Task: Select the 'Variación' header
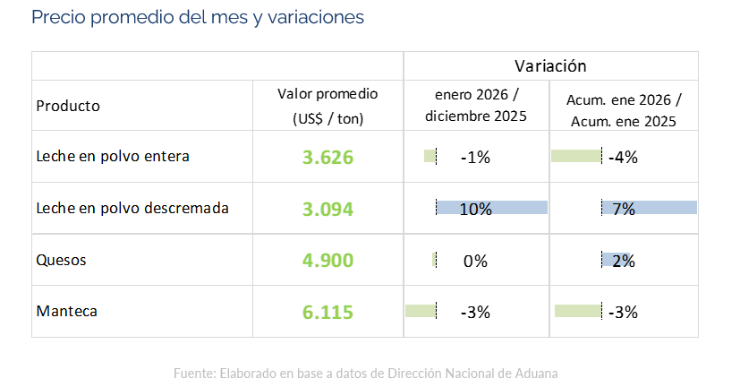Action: [x=550, y=65]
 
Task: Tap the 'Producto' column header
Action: [x=68, y=106]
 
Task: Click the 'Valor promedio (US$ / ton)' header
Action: [x=327, y=106]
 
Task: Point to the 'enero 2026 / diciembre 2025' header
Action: [x=476, y=105]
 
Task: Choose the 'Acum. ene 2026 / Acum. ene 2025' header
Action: [x=623, y=106]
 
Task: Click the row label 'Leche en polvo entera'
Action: [x=113, y=157]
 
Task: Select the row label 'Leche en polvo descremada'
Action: [x=132, y=208]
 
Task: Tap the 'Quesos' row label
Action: [x=60, y=261]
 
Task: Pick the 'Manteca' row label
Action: [x=66, y=312]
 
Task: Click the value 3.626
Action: [x=327, y=158]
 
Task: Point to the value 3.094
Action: [x=327, y=210]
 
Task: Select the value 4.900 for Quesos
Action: [x=327, y=261]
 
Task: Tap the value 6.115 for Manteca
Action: [x=327, y=313]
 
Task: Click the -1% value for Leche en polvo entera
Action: [x=475, y=158]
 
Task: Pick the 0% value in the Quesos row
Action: [x=475, y=262]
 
